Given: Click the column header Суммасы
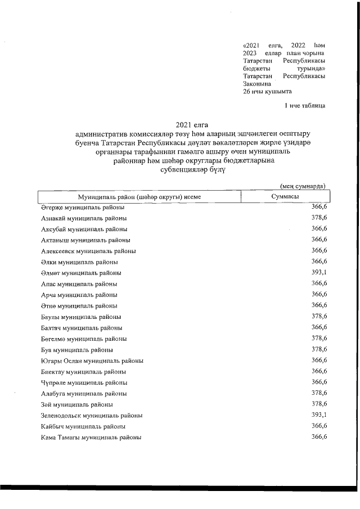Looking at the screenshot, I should click(285, 196).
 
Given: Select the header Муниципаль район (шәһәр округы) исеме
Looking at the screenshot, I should click(139, 196).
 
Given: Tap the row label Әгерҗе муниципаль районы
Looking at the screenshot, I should click(83, 207).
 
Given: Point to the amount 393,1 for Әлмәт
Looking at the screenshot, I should click(319, 273).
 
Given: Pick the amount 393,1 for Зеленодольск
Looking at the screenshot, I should click(319, 415).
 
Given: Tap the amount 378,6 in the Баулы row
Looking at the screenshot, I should click(319, 317).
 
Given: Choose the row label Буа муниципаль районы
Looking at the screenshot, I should click(77, 350).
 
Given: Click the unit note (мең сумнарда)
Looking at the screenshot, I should click(303, 186).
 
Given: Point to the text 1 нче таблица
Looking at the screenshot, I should click(304, 105).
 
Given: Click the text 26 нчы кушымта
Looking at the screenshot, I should click(267, 91).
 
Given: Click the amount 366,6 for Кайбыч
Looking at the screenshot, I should click(319, 426).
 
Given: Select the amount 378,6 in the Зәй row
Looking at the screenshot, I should click(319, 404).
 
